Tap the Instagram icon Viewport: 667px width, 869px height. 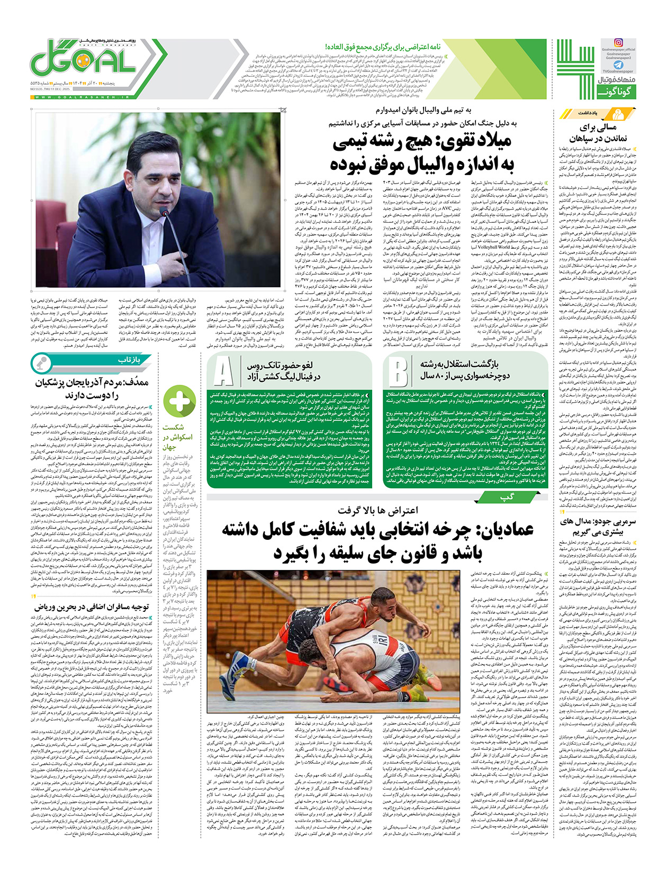click(618, 42)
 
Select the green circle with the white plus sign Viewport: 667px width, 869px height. click(179, 401)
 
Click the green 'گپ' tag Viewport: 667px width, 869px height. click(507, 497)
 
